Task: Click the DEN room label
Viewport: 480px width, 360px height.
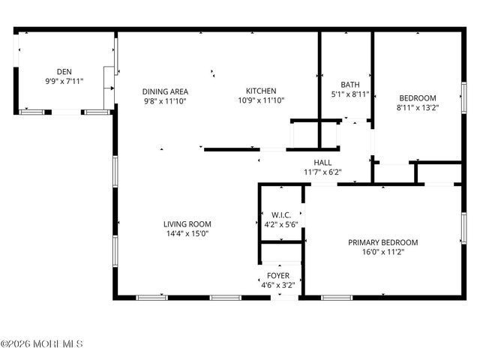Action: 64,71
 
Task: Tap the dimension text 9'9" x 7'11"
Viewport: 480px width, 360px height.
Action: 64,80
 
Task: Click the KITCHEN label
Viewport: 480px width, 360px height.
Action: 261,91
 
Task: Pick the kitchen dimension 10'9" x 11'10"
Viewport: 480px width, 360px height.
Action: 261,100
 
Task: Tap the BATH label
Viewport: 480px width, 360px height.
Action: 350,85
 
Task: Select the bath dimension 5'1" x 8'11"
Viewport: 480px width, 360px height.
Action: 350,94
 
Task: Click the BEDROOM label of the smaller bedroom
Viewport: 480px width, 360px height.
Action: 417,97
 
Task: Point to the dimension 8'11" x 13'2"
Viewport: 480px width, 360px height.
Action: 417,107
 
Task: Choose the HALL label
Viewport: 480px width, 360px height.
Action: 322,163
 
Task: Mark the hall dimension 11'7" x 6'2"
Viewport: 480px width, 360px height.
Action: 322,172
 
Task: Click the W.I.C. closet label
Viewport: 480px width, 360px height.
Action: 282,214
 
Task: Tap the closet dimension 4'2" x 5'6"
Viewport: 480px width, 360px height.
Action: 282,224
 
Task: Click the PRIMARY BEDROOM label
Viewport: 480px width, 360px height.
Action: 382,242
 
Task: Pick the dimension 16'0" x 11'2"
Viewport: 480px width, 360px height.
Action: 382,252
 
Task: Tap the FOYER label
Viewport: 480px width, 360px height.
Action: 279,275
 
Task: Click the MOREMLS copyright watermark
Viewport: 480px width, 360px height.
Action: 42,344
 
